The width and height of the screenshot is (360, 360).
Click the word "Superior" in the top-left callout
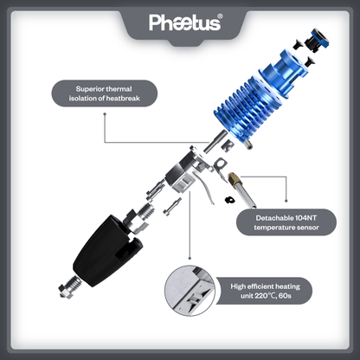point(91,88)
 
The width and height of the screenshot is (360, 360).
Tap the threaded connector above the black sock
point(144,213)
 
